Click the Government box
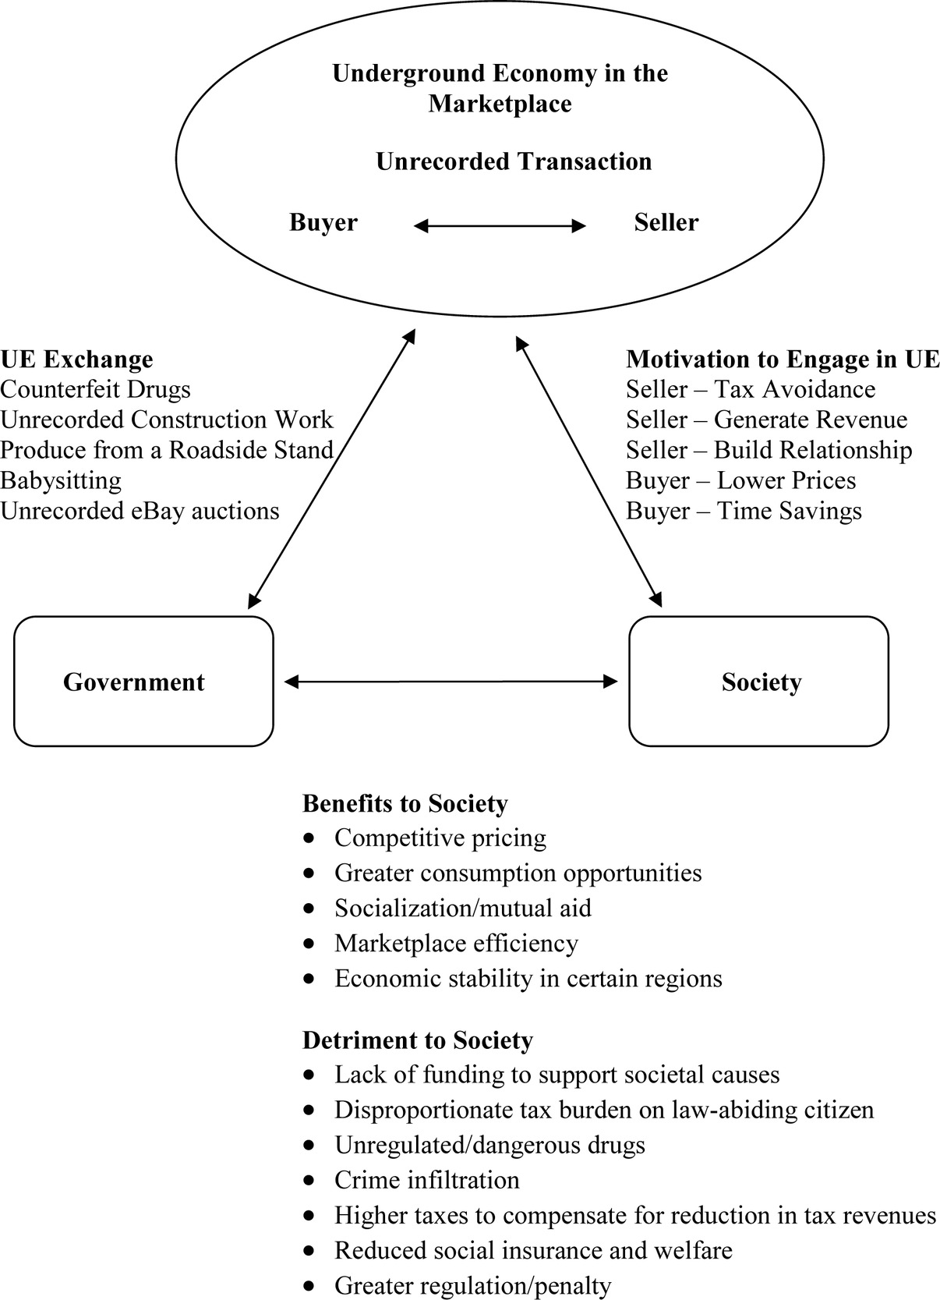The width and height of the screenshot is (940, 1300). [143, 682]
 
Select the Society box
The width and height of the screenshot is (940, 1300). [758, 682]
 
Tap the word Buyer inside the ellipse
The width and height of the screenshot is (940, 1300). [323, 222]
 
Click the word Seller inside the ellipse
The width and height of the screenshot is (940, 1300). [666, 222]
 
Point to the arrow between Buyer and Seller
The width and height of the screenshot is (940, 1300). [500, 226]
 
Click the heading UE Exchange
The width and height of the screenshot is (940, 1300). [76, 360]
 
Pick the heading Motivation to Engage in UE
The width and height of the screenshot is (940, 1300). [783, 360]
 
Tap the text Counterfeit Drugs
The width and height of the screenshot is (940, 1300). [95, 389]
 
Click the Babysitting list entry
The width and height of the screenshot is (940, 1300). [61, 480]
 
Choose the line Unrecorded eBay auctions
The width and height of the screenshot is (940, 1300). [140, 511]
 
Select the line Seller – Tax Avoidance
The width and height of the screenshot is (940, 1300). [751, 389]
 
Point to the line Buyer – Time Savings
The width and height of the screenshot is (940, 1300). [744, 511]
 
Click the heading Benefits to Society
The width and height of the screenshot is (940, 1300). [405, 803]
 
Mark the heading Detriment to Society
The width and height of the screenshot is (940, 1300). [417, 1040]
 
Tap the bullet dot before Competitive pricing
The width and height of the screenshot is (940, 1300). [310, 838]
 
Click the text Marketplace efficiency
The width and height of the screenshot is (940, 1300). [456, 944]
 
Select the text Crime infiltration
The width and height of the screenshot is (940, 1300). [426, 1180]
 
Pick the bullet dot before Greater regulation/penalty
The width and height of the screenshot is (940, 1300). [310, 1286]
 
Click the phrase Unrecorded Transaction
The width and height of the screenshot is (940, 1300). [514, 161]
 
